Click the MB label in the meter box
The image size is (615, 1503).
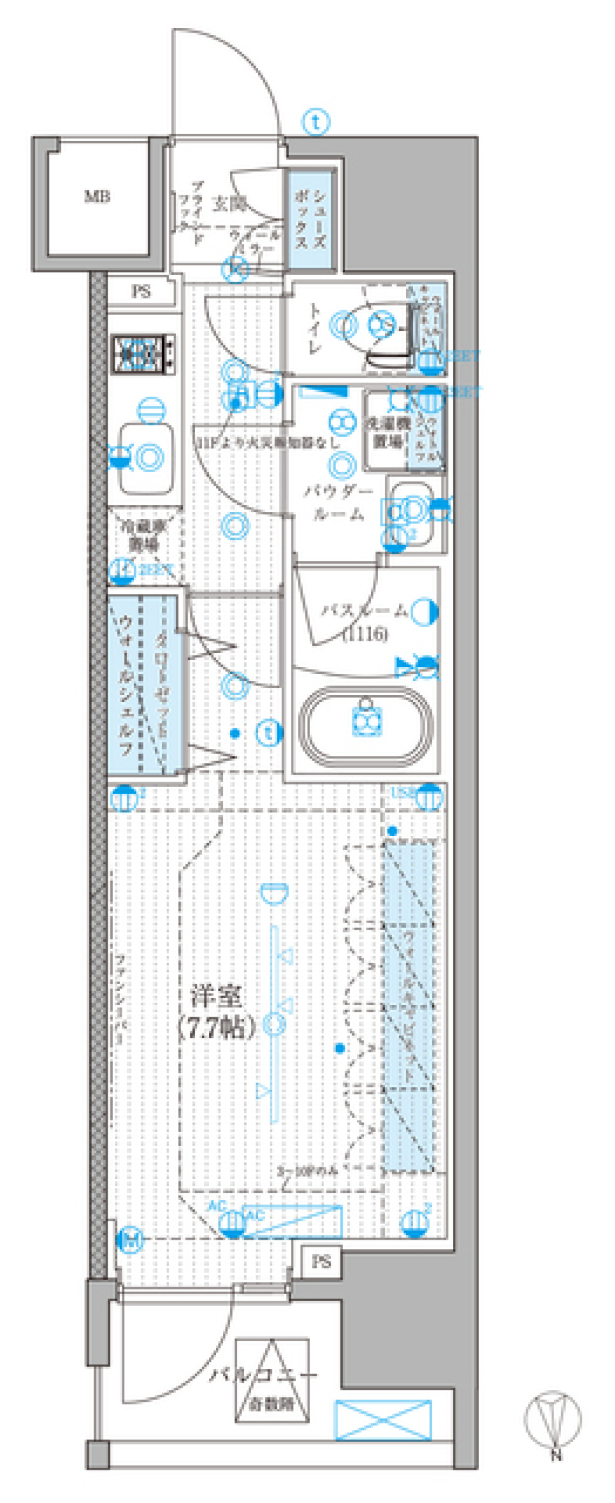coord(97,197)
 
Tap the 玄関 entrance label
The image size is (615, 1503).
coord(229,204)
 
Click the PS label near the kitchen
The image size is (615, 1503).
coord(141,292)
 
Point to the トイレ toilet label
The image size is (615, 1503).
coord(315,328)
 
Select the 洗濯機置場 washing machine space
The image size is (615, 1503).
coord(387,432)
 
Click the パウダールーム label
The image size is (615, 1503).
coord(338,503)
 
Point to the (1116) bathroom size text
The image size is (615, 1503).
coord(365,634)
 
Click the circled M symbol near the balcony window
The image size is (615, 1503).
coord(131,1240)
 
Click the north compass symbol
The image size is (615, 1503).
coord(553,1420)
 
